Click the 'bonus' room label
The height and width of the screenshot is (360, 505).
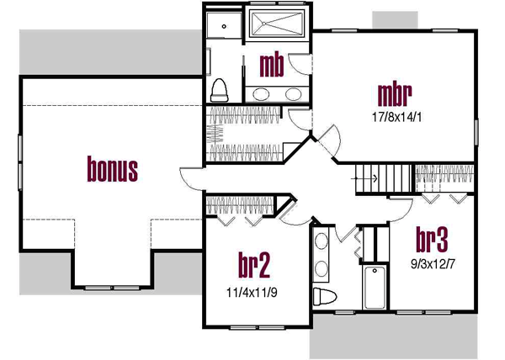[113, 170]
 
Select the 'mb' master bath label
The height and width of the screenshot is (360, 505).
[270, 64]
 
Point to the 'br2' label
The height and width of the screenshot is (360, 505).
[253, 267]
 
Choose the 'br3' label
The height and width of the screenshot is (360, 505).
[430, 239]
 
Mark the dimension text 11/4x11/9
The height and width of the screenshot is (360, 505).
[253, 294]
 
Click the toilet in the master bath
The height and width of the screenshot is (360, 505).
[221, 88]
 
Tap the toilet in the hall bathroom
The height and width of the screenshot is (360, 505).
[323, 296]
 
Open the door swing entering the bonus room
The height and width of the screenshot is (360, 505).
[189, 177]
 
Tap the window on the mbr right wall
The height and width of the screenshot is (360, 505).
[476, 135]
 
